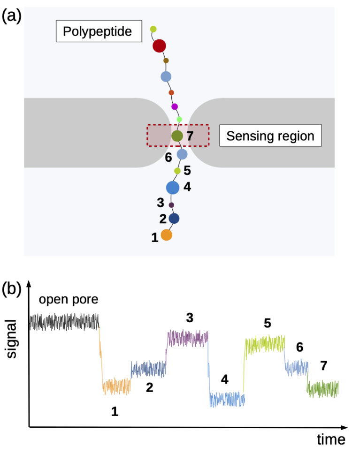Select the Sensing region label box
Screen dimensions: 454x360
pyautogui.click(x=270, y=136)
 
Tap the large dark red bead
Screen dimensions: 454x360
pyautogui.click(x=160, y=46)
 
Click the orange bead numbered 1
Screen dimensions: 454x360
pyautogui.click(x=166, y=235)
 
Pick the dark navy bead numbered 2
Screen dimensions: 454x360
pyautogui.click(x=174, y=218)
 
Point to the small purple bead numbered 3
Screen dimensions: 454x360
pyautogui.click(x=171, y=205)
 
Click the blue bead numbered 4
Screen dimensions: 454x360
pyautogui.click(x=173, y=188)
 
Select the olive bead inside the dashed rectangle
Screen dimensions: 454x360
pyautogui.click(x=177, y=136)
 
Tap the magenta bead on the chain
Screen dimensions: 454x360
pyautogui.click(x=175, y=107)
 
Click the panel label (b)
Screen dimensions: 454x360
pyautogui.click(x=11, y=289)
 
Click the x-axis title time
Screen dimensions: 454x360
pyautogui.click(x=330, y=439)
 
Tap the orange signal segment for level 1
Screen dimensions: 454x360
pyautogui.click(x=116, y=386)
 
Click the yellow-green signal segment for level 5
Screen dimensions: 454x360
pyautogui.click(x=265, y=345)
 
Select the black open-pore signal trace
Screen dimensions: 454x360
pyautogui.click(x=64, y=322)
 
